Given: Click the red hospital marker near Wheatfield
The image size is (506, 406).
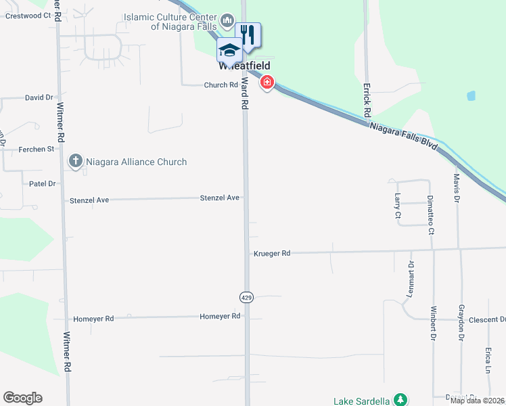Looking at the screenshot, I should coord(267,83).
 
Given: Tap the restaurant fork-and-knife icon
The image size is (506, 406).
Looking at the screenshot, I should coord(248,35).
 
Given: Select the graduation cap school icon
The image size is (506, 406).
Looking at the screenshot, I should coord(229,50).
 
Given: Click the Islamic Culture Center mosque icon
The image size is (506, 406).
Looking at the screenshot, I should coord(227,21).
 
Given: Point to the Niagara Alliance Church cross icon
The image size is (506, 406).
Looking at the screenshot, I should coord(75,162).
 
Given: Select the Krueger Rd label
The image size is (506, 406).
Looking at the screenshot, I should coord(272,253).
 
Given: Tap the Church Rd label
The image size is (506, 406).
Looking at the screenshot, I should coord(221,85).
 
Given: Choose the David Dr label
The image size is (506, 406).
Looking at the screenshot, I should coord(39,97).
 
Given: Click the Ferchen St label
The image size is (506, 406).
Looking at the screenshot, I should coord(37,149).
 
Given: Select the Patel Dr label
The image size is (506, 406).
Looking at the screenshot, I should coord(42,183).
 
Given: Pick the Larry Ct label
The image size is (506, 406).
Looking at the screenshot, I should coord(397,206).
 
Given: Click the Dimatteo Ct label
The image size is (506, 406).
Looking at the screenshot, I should coord(431,214).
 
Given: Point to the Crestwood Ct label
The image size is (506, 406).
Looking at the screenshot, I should coord(28,15).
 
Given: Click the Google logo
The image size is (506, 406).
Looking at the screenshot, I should coord(22,398).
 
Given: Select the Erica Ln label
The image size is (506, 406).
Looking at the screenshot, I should coord(488,361).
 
